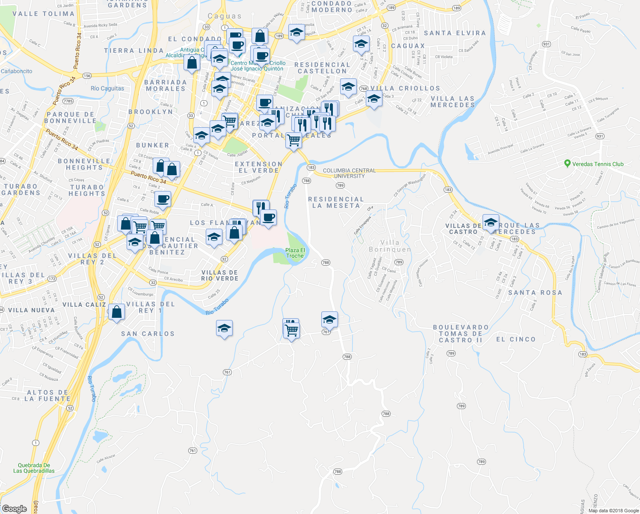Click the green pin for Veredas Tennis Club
pyautogui.click(x=567, y=163)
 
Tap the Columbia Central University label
pyautogui.click(x=349, y=173)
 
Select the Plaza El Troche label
pyautogui.click(x=295, y=253)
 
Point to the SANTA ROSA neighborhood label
pyautogui.click(x=535, y=293)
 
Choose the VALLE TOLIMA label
pyautogui.click(x=44, y=14)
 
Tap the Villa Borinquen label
pyautogui.click(x=390, y=246)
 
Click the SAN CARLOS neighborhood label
pyautogui.click(x=148, y=334)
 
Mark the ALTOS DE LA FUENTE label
pyautogui.click(x=47, y=395)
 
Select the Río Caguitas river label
pyautogui.click(x=107, y=89)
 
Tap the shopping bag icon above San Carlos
pyautogui.click(x=116, y=312)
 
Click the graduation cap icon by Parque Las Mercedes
pyautogui.click(x=491, y=222)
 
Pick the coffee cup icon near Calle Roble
pyautogui.click(x=163, y=199)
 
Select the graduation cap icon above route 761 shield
pyautogui.click(x=329, y=319)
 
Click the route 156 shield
pyautogui.click(x=87, y=76)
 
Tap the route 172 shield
pyautogui.click(x=52, y=279)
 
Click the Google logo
pyautogui.click(x=15, y=509)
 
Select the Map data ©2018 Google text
pyautogui.click(x=613, y=511)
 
